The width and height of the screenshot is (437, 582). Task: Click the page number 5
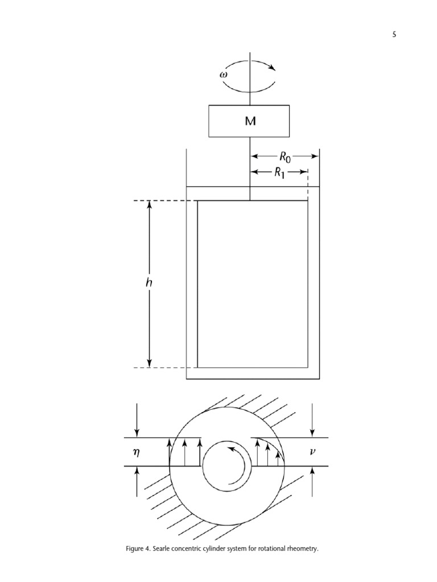pos(394,35)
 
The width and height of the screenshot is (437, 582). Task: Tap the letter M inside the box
pos(250,121)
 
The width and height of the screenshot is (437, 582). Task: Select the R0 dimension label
pos(284,156)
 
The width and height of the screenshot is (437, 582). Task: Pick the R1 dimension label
pos(280,173)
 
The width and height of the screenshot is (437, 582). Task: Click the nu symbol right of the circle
pos(312,452)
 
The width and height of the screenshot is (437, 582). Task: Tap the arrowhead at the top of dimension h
pos(150,206)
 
